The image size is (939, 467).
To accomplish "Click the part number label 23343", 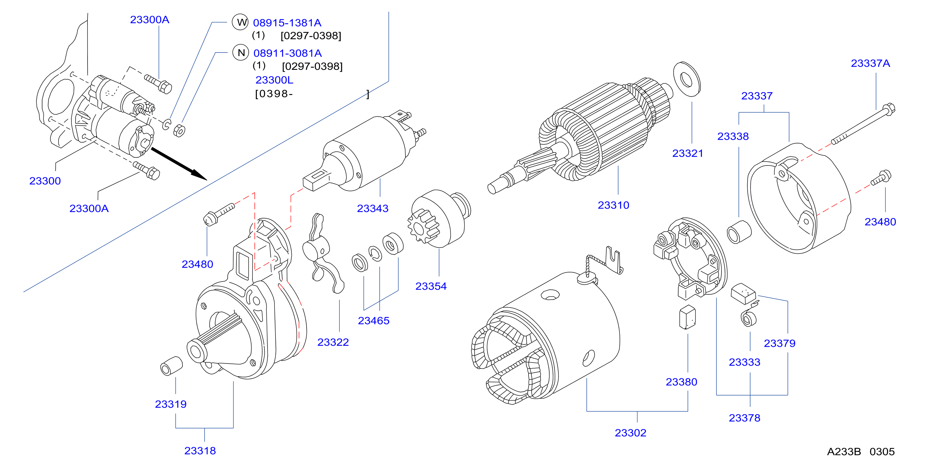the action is [x=372, y=208].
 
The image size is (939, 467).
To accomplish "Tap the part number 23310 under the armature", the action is [x=614, y=205].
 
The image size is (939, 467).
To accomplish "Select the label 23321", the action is [x=688, y=153].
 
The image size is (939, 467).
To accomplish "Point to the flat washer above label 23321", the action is [x=687, y=79].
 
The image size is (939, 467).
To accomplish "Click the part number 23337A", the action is [x=870, y=63].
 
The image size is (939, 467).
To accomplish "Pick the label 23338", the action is [x=733, y=136].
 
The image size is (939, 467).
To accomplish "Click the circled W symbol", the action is [x=240, y=22].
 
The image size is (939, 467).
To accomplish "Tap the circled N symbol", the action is [x=240, y=53].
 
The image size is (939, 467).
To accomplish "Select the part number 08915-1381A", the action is [x=287, y=23].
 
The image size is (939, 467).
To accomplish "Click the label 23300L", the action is [x=274, y=80].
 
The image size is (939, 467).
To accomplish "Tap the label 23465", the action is [x=374, y=321].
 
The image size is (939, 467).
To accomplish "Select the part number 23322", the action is [x=333, y=342].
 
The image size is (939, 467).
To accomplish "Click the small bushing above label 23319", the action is [x=171, y=366].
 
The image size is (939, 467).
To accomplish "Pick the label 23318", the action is [x=200, y=451].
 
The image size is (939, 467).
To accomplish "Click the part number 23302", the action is [x=631, y=433].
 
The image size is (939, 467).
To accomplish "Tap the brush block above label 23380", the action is [x=687, y=317].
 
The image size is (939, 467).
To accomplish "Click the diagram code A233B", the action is [x=844, y=452].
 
